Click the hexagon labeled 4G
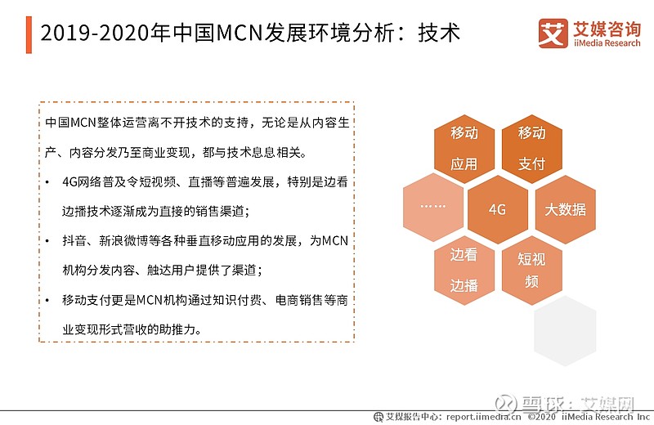coord(498,209)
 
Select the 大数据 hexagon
coord(565,209)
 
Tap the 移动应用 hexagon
coord(464,149)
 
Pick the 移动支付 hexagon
coord(532,149)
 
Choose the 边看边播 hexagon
coord(464,271)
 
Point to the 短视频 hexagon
coord(532,271)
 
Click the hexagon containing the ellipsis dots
coord(433,208)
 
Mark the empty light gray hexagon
coord(565,331)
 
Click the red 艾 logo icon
coord(553,34)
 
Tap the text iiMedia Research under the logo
coord(607,43)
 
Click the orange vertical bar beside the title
coord(29,35)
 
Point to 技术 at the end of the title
coord(439,33)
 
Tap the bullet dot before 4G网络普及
coord(47,182)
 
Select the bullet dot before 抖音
coord(47,241)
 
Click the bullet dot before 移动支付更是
coord(47,300)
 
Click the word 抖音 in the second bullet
coord(74,241)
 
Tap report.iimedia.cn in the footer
coord(483,417)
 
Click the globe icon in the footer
coord(379,417)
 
